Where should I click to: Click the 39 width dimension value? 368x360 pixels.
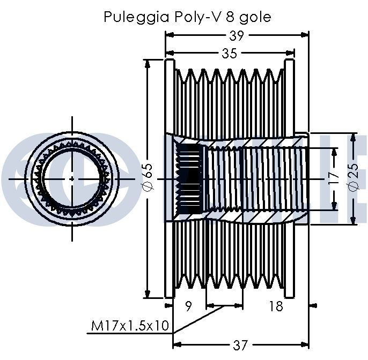tap(236, 35)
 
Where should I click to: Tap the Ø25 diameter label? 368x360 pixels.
tap(353, 177)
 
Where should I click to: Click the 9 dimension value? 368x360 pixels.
tap(188, 306)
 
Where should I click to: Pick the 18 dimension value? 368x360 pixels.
tap(275, 306)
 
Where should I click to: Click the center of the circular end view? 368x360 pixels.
tap(72, 177)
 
